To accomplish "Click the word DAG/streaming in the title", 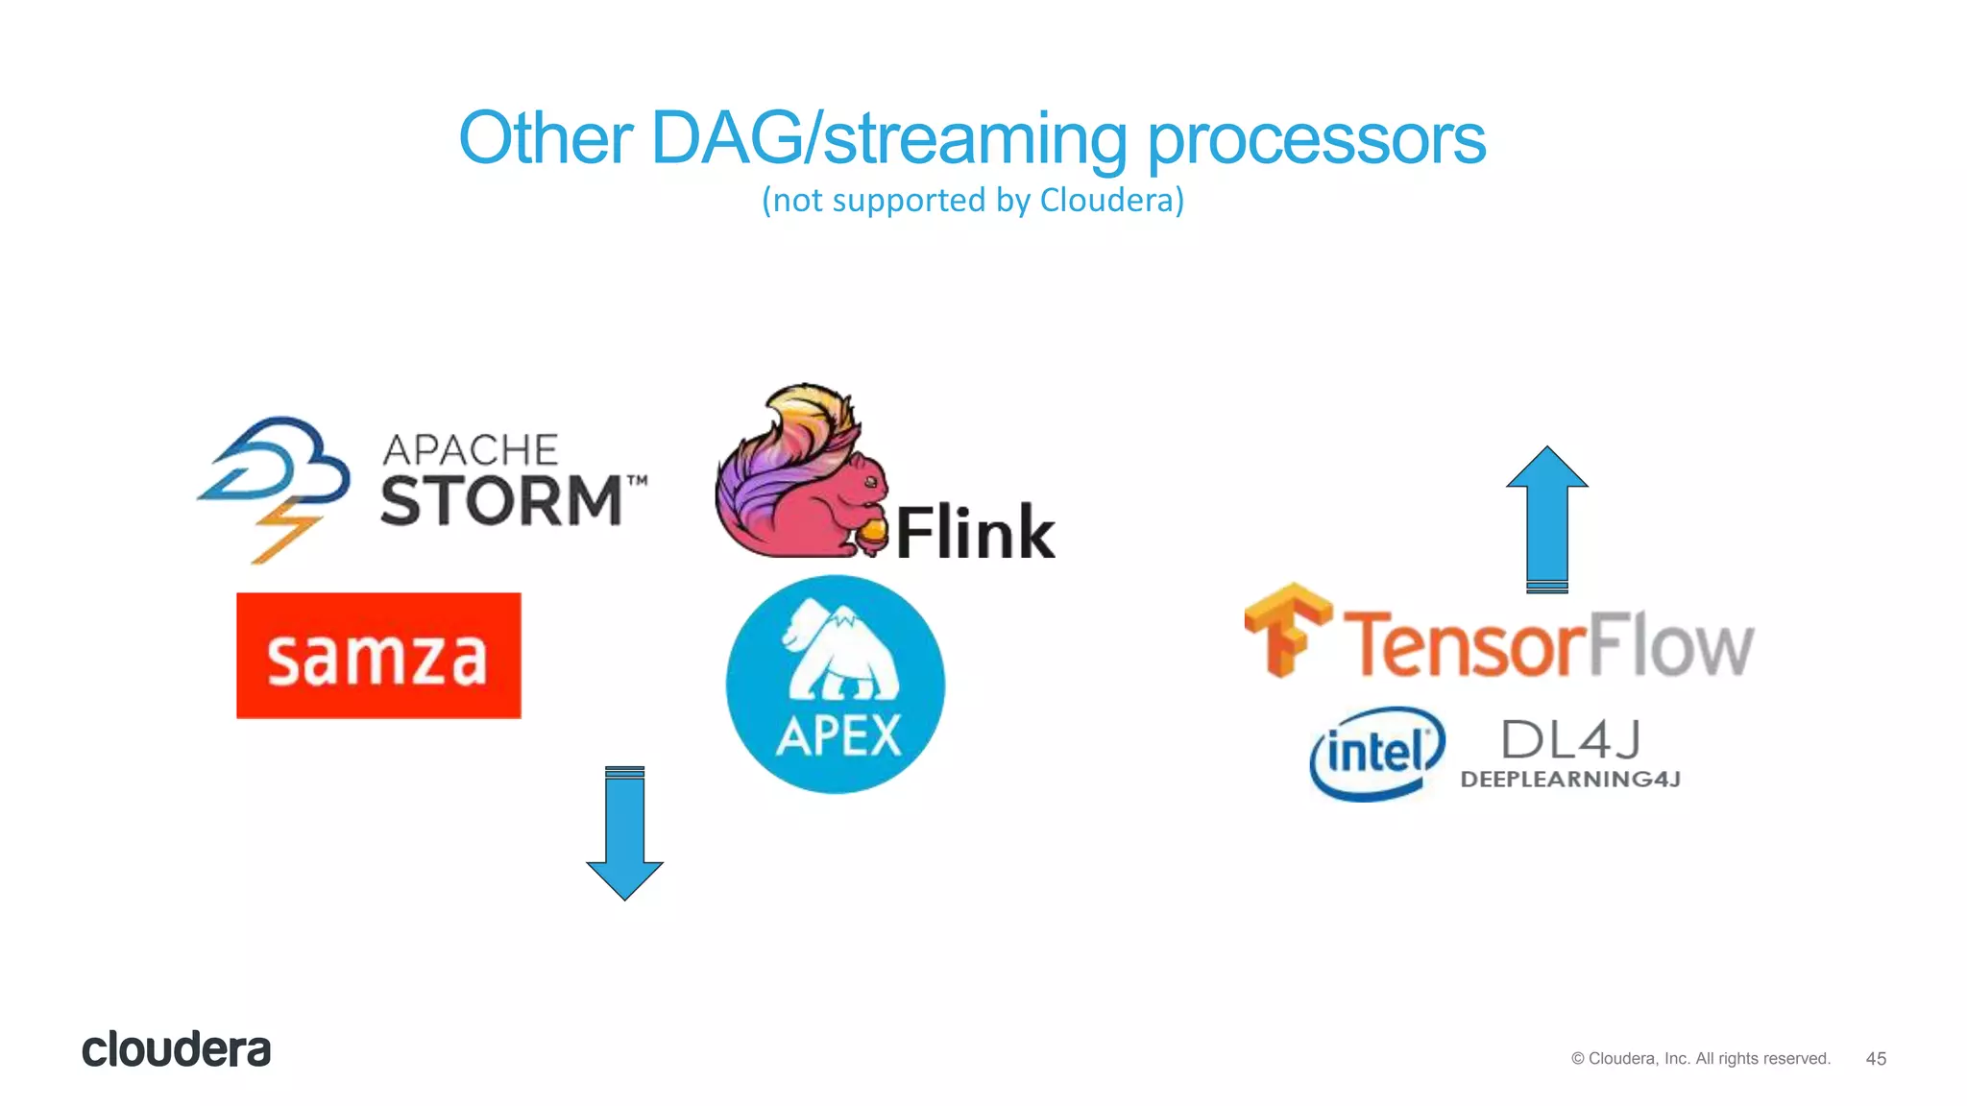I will click(888, 140).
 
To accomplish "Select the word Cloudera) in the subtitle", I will click(1112, 201).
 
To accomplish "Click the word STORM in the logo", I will click(501, 501).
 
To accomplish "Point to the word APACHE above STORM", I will click(471, 450).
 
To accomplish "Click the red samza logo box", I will click(378, 656).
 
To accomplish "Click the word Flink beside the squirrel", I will click(975, 533).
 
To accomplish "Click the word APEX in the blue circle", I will click(838, 737).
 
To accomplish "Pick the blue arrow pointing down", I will click(624, 833).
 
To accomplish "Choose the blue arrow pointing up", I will click(1546, 518).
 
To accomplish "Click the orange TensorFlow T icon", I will click(1287, 629).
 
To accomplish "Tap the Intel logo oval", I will click(1376, 754).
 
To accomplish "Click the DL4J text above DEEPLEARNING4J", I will click(1570, 739).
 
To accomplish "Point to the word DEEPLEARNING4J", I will click(1570, 780).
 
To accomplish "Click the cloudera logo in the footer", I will click(177, 1049).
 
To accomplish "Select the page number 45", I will click(1876, 1059).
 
